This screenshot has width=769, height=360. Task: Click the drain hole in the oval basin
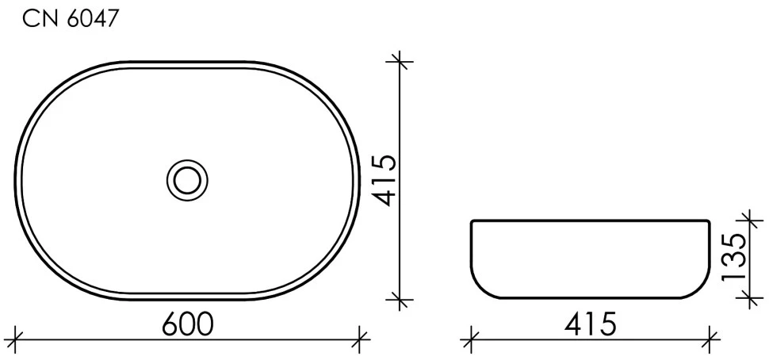187,180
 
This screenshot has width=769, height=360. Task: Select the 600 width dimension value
188,324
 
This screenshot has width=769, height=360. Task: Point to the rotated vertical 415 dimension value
383,180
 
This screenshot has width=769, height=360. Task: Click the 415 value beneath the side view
590,324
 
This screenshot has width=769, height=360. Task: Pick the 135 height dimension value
734,256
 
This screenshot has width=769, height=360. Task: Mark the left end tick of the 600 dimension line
16,339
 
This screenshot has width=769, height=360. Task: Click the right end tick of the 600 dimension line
361,339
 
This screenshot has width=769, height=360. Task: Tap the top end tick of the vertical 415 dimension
400,62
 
